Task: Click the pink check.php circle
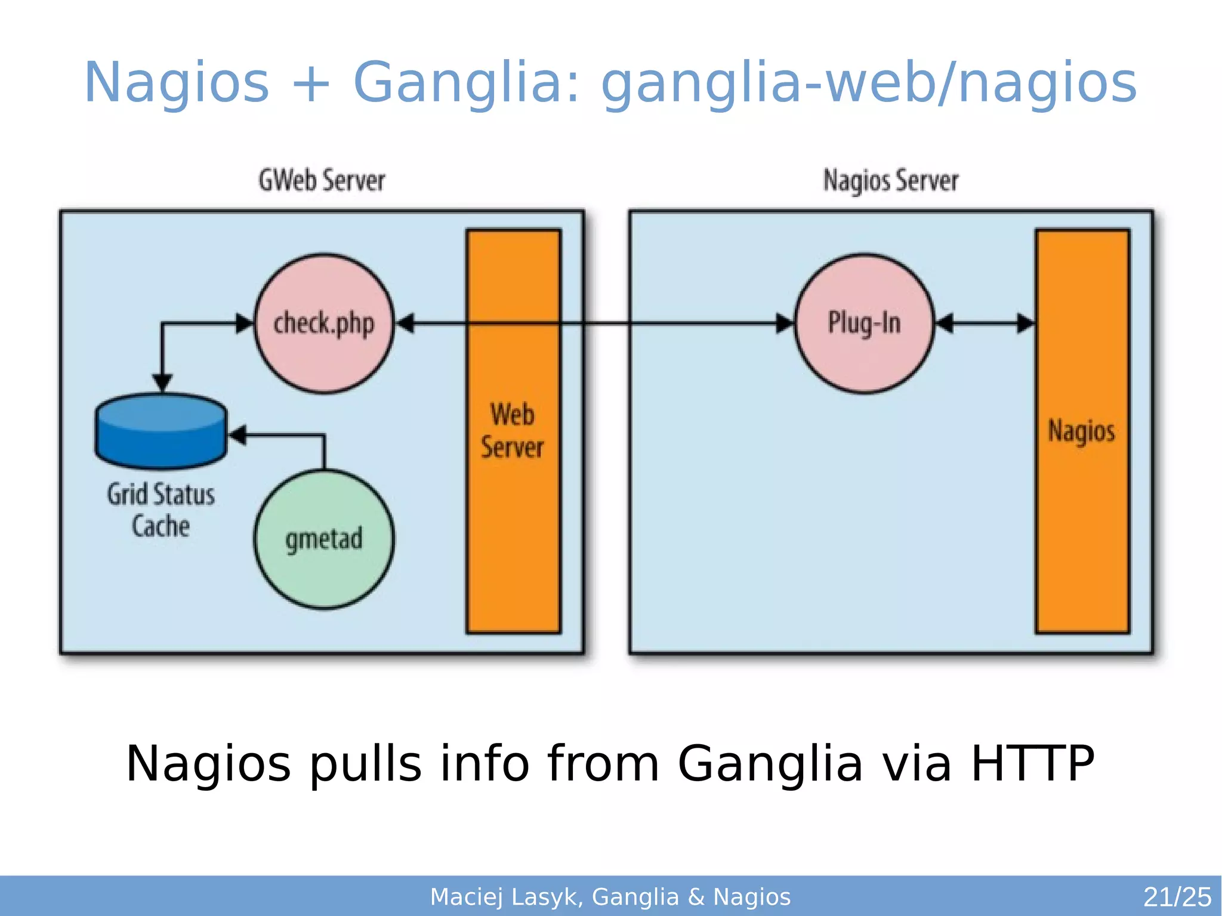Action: [x=324, y=323]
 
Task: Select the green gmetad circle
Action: [x=324, y=539]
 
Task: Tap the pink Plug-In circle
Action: [x=864, y=323]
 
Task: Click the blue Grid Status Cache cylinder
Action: [x=161, y=431]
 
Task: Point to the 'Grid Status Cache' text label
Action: [x=161, y=510]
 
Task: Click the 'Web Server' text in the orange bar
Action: [x=513, y=431]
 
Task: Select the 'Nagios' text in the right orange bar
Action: [x=1082, y=431]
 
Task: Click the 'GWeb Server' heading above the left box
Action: [x=322, y=180]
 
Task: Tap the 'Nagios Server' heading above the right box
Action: [x=891, y=180]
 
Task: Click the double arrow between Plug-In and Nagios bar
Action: [x=985, y=323]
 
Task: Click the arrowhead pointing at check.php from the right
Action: [x=406, y=323]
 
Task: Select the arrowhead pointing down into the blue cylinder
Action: [x=162, y=383]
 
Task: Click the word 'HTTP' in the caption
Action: [x=1032, y=763]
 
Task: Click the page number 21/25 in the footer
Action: [x=1177, y=897]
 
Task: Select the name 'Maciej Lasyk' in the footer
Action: [x=504, y=897]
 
